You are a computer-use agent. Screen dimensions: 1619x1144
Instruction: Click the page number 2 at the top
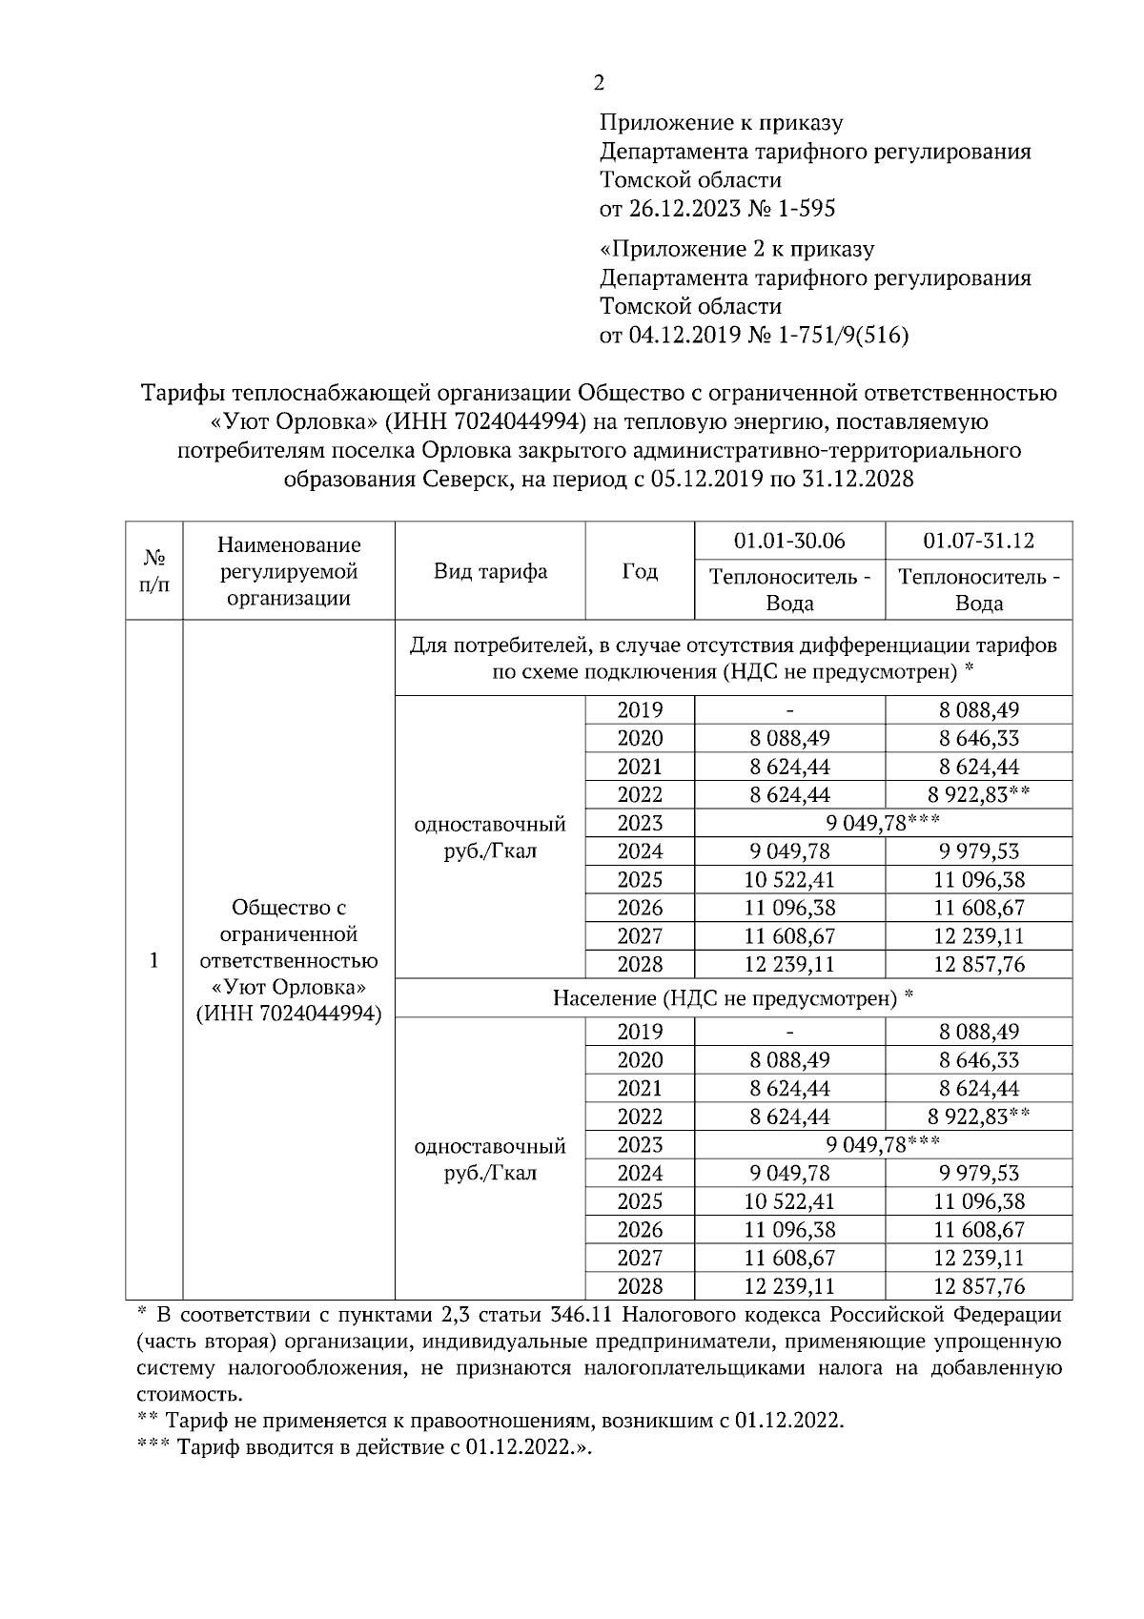coord(599,84)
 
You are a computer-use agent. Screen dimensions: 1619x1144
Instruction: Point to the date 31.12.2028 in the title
coord(858,478)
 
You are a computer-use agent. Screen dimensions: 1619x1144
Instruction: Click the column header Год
coord(640,571)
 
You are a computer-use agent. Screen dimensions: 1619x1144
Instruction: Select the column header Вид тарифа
coord(490,571)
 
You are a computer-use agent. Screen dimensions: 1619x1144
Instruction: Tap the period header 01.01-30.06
coord(789,541)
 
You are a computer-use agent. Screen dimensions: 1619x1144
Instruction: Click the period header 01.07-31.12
coord(978,541)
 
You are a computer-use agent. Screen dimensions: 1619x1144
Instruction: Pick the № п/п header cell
coord(154,571)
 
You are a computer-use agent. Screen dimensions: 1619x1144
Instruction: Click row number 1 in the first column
coord(154,960)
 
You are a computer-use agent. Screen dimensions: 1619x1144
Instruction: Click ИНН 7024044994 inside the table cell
coord(289,1014)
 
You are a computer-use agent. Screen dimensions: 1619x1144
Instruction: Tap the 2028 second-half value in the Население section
coord(978,1286)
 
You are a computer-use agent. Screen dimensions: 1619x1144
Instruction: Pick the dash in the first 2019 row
coord(789,710)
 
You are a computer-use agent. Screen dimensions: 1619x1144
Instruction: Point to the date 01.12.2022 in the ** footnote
coord(788,1421)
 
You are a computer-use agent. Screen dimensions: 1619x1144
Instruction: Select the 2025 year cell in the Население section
coord(640,1201)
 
